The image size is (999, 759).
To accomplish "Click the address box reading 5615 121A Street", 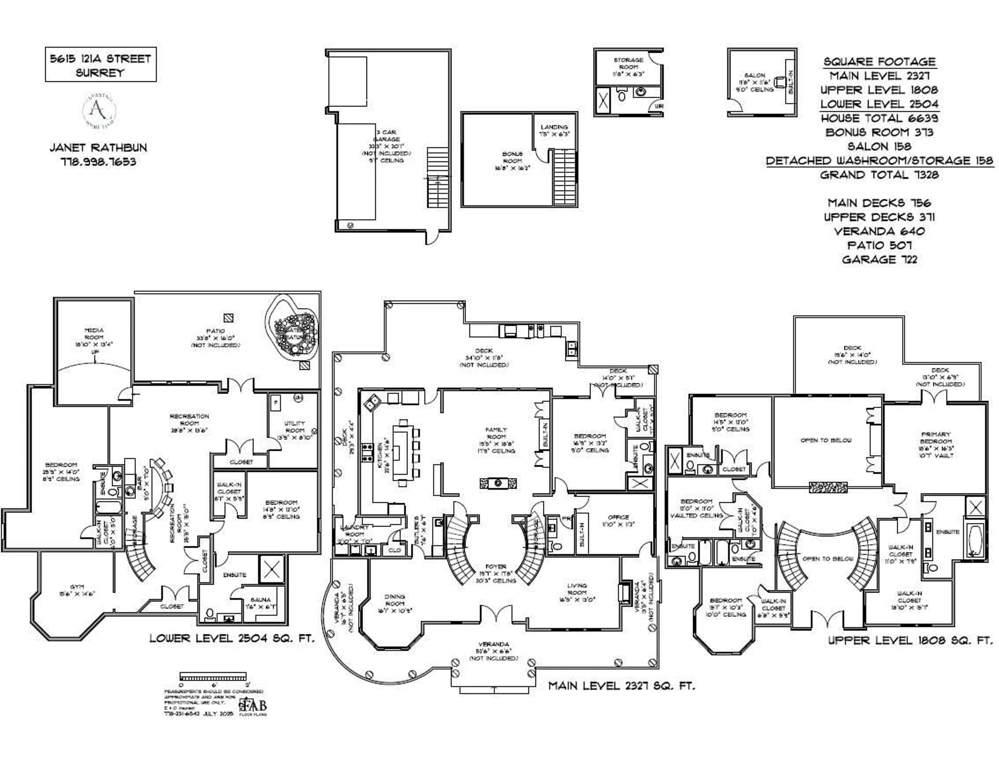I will (100, 65).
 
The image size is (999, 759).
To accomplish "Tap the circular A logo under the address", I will (99, 110).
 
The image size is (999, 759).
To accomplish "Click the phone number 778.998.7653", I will (98, 162).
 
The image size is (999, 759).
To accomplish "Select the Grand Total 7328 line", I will (879, 175).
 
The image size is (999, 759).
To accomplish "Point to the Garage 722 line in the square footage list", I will (879, 259).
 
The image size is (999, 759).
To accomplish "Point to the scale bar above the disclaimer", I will (213, 676).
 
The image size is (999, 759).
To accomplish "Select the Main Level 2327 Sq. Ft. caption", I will (622, 686).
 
